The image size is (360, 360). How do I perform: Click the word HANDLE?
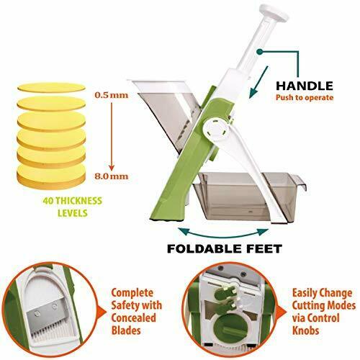pyautogui.click(x=305, y=86)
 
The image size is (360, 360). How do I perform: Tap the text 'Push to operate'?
pyautogui.click(x=305, y=98)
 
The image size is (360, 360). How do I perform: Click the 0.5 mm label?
pyautogui.click(x=112, y=95)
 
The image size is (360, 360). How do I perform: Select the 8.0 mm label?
pyautogui.click(x=112, y=176)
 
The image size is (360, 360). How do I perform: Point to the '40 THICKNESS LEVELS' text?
pyautogui.click(x=73, y=207)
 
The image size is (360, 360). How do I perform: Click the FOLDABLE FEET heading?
pyautogui.click(x=225, y=248)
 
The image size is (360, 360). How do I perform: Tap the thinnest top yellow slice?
pyautogui.click(x=51, y=87)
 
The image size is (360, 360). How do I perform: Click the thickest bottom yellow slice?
pyautogui.click(x=51, y=176)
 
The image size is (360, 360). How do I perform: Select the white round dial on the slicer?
pyautogui.click(x=215, y=130)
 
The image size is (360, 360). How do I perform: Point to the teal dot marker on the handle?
pyautogui.click(x=259, y=52)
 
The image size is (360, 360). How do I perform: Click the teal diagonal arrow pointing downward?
pyautogui.click(x=258, y=82)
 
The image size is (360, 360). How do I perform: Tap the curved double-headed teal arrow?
pyautogui.click(x=224, y=233)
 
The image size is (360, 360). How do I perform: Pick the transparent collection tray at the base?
pyautogui.click(x=250, y=196)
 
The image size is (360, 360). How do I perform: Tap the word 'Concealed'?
pyautogui.click(x=134, y=318)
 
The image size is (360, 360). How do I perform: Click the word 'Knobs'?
pyautogui.click(x=305, y=330)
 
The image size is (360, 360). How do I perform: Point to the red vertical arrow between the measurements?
pyautogui.click(x=112, y=136)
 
